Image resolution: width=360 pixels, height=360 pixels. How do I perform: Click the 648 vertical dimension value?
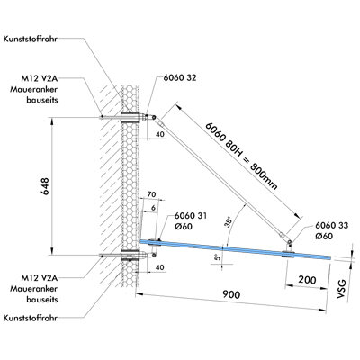tap(45, 186)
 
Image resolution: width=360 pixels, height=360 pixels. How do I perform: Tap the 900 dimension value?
tap(231, 294)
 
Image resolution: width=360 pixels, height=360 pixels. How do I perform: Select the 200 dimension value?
tap(307, 280)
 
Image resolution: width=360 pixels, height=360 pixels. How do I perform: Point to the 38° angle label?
tap(229, 221)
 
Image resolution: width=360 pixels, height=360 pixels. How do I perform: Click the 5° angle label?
tap(217, 257)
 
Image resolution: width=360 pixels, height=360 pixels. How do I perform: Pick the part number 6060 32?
tap(180, 77)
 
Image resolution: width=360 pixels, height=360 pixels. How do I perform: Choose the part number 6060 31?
tap(191, 216)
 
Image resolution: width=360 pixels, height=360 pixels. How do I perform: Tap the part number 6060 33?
tap(332, 225)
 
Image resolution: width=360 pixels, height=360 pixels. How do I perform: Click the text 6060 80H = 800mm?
tap(241, 156)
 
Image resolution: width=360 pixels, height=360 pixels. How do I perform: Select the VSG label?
tap(341, 289)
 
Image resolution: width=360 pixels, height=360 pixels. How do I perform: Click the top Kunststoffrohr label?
tap(31, 40)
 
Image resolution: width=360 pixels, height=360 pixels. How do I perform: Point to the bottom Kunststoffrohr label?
tap(31, 318)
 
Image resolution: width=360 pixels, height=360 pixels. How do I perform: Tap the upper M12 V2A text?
tap(40, 79)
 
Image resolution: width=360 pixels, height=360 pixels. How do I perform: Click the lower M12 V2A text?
tap(40, 278)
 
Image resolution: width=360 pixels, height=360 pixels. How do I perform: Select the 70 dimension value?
tap(152, 194)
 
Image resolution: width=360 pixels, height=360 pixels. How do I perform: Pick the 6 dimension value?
tap(154, 208)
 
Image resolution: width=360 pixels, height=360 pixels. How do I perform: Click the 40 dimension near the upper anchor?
tap(160, 135)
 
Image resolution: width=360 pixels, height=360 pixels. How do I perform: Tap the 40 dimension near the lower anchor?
tap(160, 267)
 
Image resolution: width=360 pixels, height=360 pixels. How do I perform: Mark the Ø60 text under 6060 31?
tap(183, 226)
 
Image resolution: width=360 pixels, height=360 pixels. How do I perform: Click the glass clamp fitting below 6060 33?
tap(288, 250)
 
